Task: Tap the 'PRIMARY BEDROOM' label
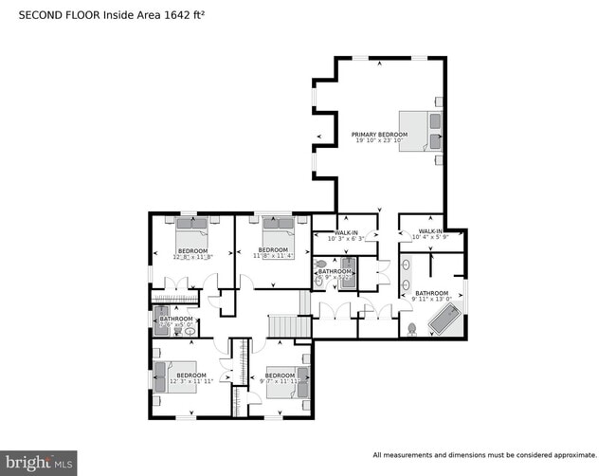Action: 380,135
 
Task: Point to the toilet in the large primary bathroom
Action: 411,329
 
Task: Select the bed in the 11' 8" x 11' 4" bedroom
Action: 281,231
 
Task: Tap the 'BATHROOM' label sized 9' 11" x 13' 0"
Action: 431,293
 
